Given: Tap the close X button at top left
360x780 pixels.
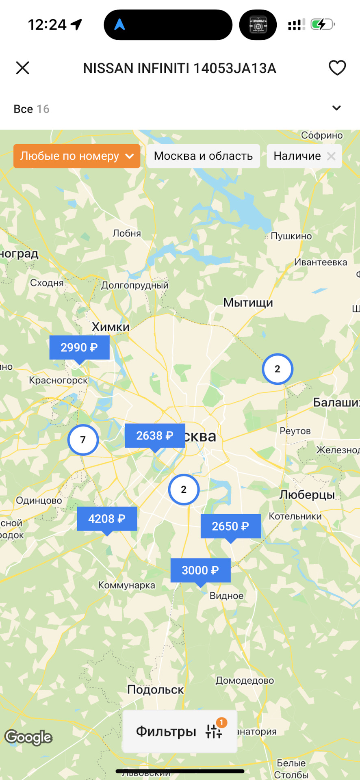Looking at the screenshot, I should (x=23, y=68).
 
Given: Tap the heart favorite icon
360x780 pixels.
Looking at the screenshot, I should (x=337, y=68).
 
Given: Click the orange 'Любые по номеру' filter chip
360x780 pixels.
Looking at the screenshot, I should (x=77, y=156).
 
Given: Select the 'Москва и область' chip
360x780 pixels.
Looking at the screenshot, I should (x=203, y=156).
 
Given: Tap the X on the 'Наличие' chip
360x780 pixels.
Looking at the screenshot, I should (x=331, y=156).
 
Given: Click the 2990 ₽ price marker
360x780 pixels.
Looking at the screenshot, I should (x=79, y=347).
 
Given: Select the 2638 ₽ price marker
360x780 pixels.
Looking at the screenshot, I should (x=155, y=435).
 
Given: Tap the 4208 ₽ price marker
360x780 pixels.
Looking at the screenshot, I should (x=107, y=519).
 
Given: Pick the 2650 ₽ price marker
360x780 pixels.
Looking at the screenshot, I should (x=230, y=526).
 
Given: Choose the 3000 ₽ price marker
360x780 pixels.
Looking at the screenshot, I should (x=200, y=570).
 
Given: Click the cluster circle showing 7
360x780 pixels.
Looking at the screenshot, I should (x=83, y=440).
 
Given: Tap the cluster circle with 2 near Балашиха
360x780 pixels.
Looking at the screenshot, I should (x=278, y=369).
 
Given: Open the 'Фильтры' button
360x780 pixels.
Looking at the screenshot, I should (x=180, y=731).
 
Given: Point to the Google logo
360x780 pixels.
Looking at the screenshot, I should (x=28, y=737).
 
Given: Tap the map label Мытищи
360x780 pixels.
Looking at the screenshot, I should (x=248, y=303).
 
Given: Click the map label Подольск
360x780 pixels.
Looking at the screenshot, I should (x=155, y=689).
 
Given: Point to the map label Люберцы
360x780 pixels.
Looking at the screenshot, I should (x=307, y=494).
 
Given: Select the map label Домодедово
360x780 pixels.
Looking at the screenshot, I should (x=245, y=680).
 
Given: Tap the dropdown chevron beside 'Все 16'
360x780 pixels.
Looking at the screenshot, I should (x=336, y=108).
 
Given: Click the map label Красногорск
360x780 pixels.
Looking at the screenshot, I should (x=59, y=380).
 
